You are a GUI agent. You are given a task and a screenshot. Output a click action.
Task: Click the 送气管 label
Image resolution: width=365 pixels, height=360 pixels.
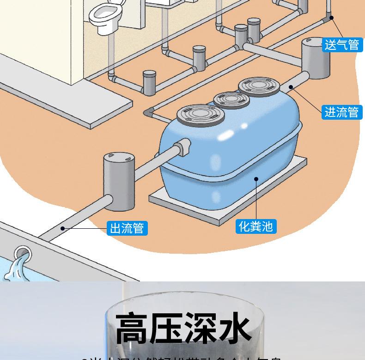[342, 44]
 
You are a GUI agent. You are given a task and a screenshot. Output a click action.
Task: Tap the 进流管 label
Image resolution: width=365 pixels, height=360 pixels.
[342, 112]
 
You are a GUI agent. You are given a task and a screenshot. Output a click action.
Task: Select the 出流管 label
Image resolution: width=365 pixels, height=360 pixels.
[127, 228]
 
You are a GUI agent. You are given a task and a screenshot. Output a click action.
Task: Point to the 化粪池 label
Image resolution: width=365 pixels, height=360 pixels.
[256, 226]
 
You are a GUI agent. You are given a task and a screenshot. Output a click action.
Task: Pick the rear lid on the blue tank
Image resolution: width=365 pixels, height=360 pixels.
[259, 85]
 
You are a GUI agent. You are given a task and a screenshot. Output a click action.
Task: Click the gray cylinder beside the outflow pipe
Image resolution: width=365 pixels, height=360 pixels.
[119, 182]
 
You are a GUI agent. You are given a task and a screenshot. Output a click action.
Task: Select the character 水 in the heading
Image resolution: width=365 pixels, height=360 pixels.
[234, 329]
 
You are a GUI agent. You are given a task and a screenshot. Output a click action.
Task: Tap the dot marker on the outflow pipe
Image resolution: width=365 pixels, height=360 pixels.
[62, 228]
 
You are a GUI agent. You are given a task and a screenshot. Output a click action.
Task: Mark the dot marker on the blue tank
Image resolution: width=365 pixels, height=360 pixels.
[256, 178]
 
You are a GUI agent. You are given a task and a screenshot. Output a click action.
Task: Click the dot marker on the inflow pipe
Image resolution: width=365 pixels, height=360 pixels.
[291, 86]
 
